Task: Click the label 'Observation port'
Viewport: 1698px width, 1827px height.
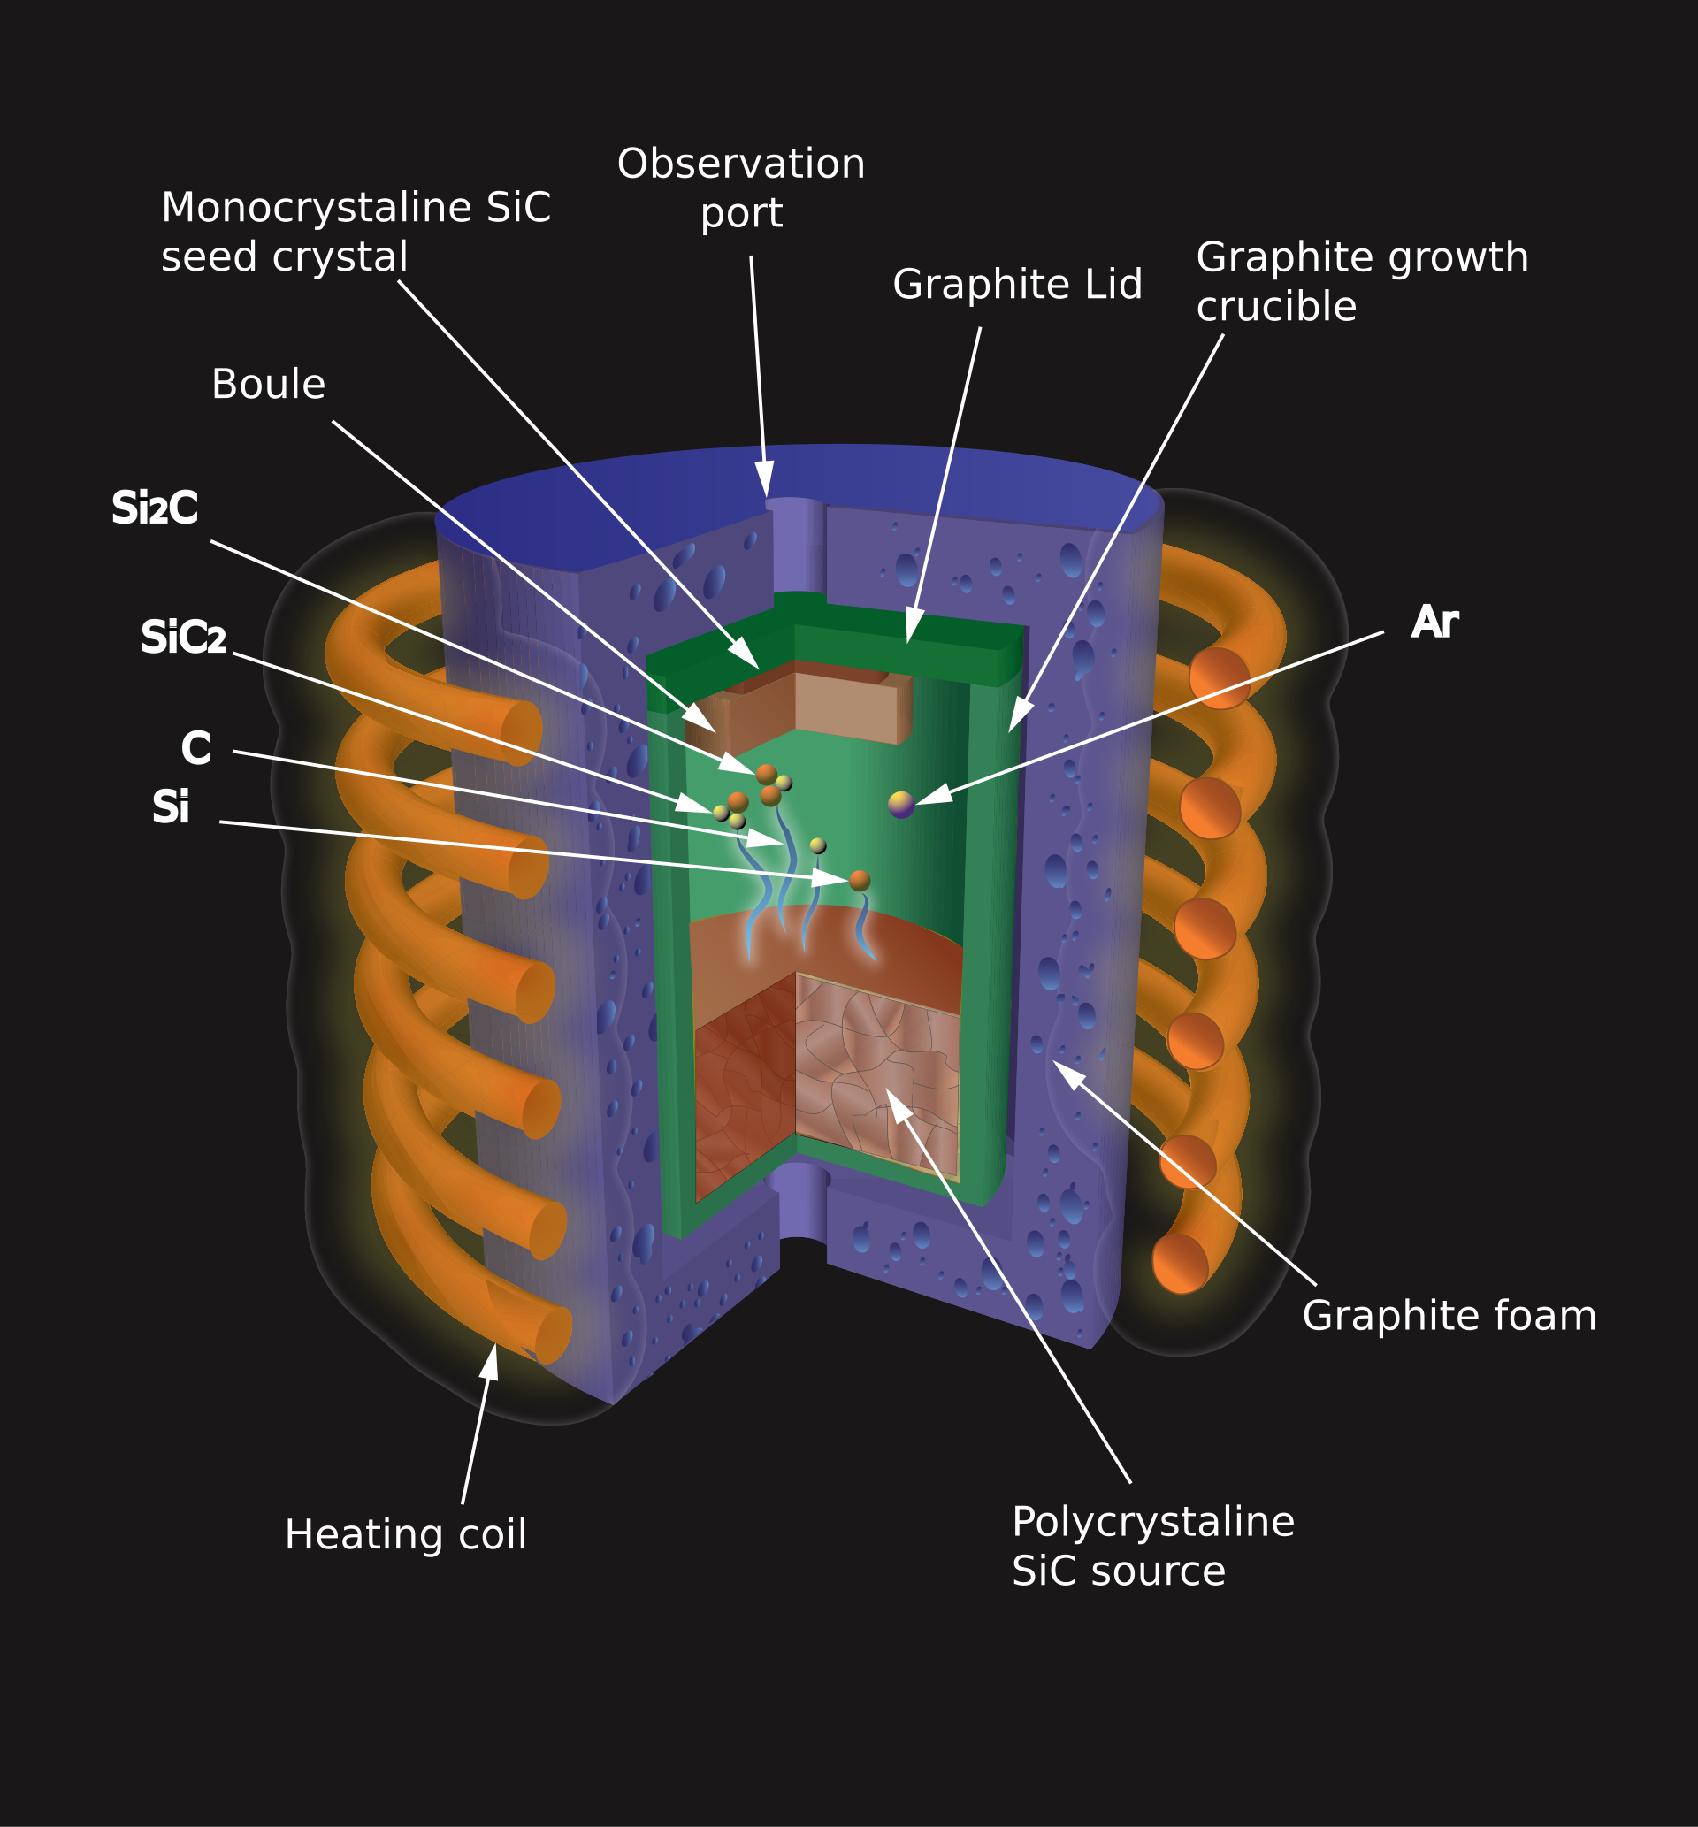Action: (740, 188)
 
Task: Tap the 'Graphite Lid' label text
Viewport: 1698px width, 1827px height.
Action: (1017, 285)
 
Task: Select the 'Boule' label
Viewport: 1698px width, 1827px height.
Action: (268, 385)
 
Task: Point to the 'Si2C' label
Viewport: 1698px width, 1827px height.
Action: (155, 508)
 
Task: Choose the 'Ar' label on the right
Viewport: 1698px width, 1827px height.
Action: (1434, 623)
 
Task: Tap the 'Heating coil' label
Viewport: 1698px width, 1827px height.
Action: (405, 1535)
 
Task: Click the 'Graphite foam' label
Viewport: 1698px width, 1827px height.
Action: (1449, 1315)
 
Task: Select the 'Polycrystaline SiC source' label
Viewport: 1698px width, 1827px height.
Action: (1152, 1546)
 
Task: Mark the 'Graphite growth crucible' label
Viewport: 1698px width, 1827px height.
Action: (1361, 282)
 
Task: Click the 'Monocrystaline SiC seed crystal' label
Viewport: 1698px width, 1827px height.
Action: (355, 233)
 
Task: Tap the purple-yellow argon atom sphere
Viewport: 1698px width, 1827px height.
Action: (901, 805)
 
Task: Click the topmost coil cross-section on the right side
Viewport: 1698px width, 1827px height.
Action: (1220, 678)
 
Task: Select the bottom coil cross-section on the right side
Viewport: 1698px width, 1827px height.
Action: (1181, 1264)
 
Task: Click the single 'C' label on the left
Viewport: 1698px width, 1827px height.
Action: (195, 749)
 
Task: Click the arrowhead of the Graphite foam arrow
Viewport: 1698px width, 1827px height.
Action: (1066, 1072)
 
